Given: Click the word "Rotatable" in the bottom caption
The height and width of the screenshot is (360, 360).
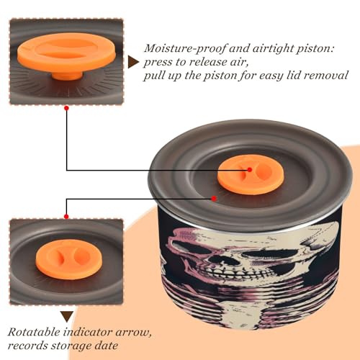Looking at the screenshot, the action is click(x=35, y=332).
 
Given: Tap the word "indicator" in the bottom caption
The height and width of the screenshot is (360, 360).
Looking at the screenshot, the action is click(x=88, y=332).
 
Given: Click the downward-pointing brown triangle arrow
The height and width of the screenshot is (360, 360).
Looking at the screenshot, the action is click(x=67, y=317).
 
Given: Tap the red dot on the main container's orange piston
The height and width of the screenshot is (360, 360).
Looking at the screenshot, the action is click(x=250, y=170).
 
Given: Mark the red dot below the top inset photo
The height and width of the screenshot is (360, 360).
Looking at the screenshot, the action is click(x=66, y=108).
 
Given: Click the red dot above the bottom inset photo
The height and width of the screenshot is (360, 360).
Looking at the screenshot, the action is click(x=66, y=217).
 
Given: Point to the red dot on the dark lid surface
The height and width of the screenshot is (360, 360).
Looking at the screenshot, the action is click(x=214, y=199).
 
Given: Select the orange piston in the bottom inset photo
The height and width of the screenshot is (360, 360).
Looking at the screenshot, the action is click(x=69, y=259).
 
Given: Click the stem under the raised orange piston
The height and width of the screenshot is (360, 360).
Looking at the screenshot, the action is click(x=68, y=76).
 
